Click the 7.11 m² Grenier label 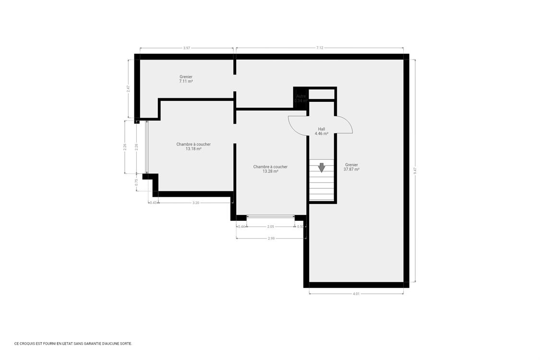pos(186,79)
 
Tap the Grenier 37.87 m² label pos(351,167)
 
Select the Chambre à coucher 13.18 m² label pos(193,146)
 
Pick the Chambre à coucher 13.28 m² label pos(270,168)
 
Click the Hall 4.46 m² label pos(321,132)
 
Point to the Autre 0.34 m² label pos(300,98)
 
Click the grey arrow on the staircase pos(321,168)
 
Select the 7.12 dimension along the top pos(319,48)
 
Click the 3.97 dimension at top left pos(186,48)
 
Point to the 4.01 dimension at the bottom pos(356,294)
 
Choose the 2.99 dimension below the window pos(271,238)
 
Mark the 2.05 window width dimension pos(270,227)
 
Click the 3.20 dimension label pos(195,203)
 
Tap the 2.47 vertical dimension pos(128,88)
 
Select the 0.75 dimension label pos(136,182)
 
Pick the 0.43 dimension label pos(153,203)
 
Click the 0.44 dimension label pos(241,227)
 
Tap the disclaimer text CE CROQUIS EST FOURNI pos(73,344)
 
